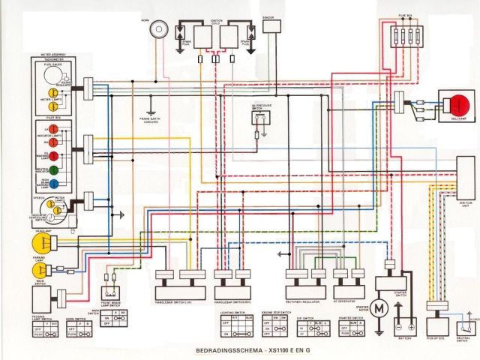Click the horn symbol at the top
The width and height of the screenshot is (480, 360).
(157, 29)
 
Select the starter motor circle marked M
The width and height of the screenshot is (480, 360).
(379, 309)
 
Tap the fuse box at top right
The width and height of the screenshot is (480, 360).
(409, 35)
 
